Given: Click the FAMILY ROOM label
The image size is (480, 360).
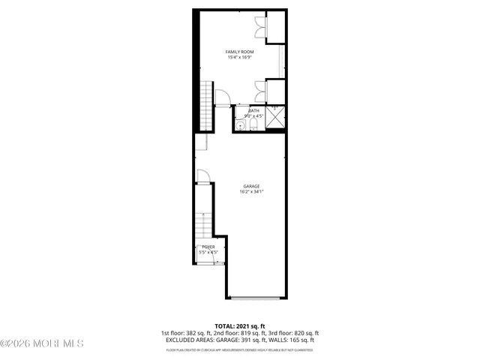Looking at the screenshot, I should (x=241, y=51).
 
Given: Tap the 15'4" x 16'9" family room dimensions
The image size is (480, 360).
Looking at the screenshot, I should (x=241, y=57).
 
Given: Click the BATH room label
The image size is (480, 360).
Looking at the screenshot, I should (x=254, y=110).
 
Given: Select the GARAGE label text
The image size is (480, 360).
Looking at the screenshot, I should (x=251, y=185).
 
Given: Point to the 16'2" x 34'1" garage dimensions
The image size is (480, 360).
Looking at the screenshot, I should (x=251, y=191).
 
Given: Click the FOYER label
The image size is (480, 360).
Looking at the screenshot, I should (x=208, y=247).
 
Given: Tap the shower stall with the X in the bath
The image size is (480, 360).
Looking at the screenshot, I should (x=275, y=118).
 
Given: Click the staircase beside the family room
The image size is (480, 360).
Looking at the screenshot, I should (x=206, y=105).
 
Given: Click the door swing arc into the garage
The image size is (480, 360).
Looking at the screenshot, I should (x=203, y=176).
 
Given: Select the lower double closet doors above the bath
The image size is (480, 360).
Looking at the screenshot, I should (x=260, y=91).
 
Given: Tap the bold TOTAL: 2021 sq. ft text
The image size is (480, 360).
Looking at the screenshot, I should (x=239, y=326).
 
